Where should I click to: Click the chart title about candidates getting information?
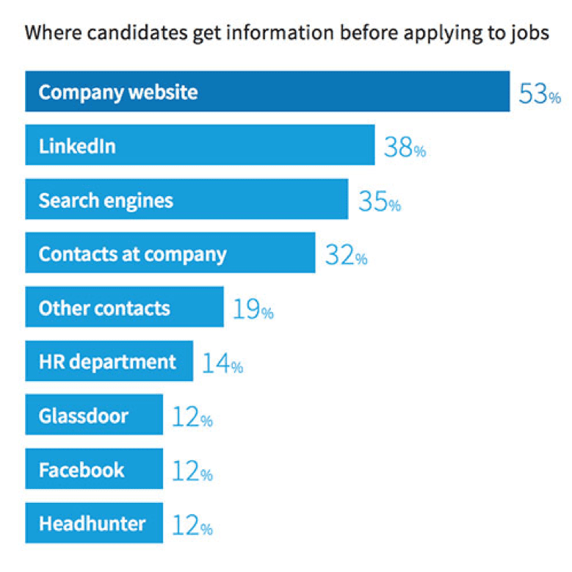[286, 34]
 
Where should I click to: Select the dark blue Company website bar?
[267, 92]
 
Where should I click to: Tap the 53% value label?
[540, 94]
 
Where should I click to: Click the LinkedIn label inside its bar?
[77, 146]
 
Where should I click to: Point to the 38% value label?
[404, 148]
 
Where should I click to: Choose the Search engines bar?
[187, 200]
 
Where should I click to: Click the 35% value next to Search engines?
[379, 202]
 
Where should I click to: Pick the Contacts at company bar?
[170, 253]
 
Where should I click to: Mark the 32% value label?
[345, 256]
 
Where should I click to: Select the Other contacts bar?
[124, 307]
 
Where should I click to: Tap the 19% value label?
[253, 310]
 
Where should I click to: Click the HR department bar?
[109, 361]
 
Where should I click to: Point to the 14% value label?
[222, 363]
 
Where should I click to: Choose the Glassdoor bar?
[94, 415]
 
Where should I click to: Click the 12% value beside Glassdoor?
[192, 418]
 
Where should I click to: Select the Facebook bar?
[94, 469]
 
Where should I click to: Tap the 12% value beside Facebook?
[192, 471]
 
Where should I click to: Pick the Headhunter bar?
[94, 524]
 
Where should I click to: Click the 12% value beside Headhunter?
[192, 526]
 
